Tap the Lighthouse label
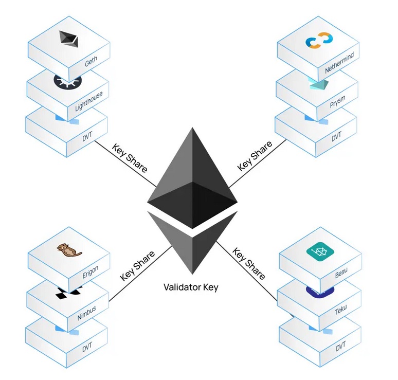88,101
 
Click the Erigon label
91,273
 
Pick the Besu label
342,273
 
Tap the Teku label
341,310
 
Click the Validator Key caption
191,287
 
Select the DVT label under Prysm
336,137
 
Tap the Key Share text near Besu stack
249,264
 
